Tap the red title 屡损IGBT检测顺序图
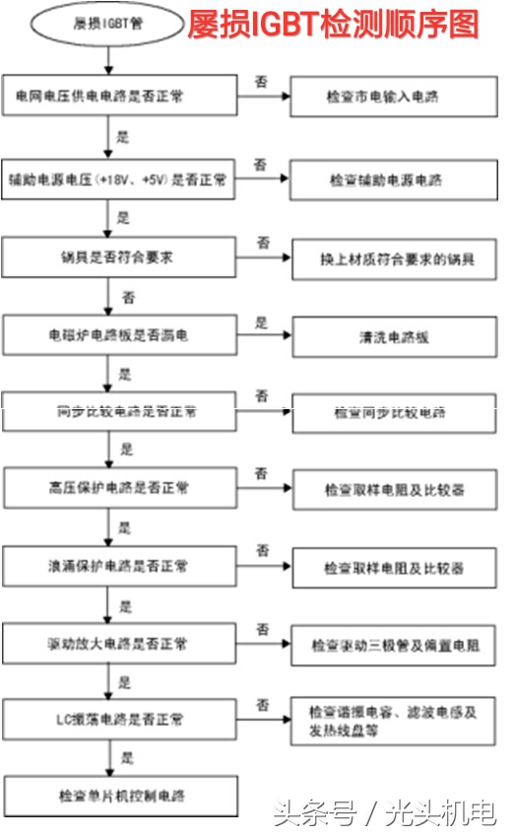tap(334, 23)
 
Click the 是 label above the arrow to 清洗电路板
tap(262, 322)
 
